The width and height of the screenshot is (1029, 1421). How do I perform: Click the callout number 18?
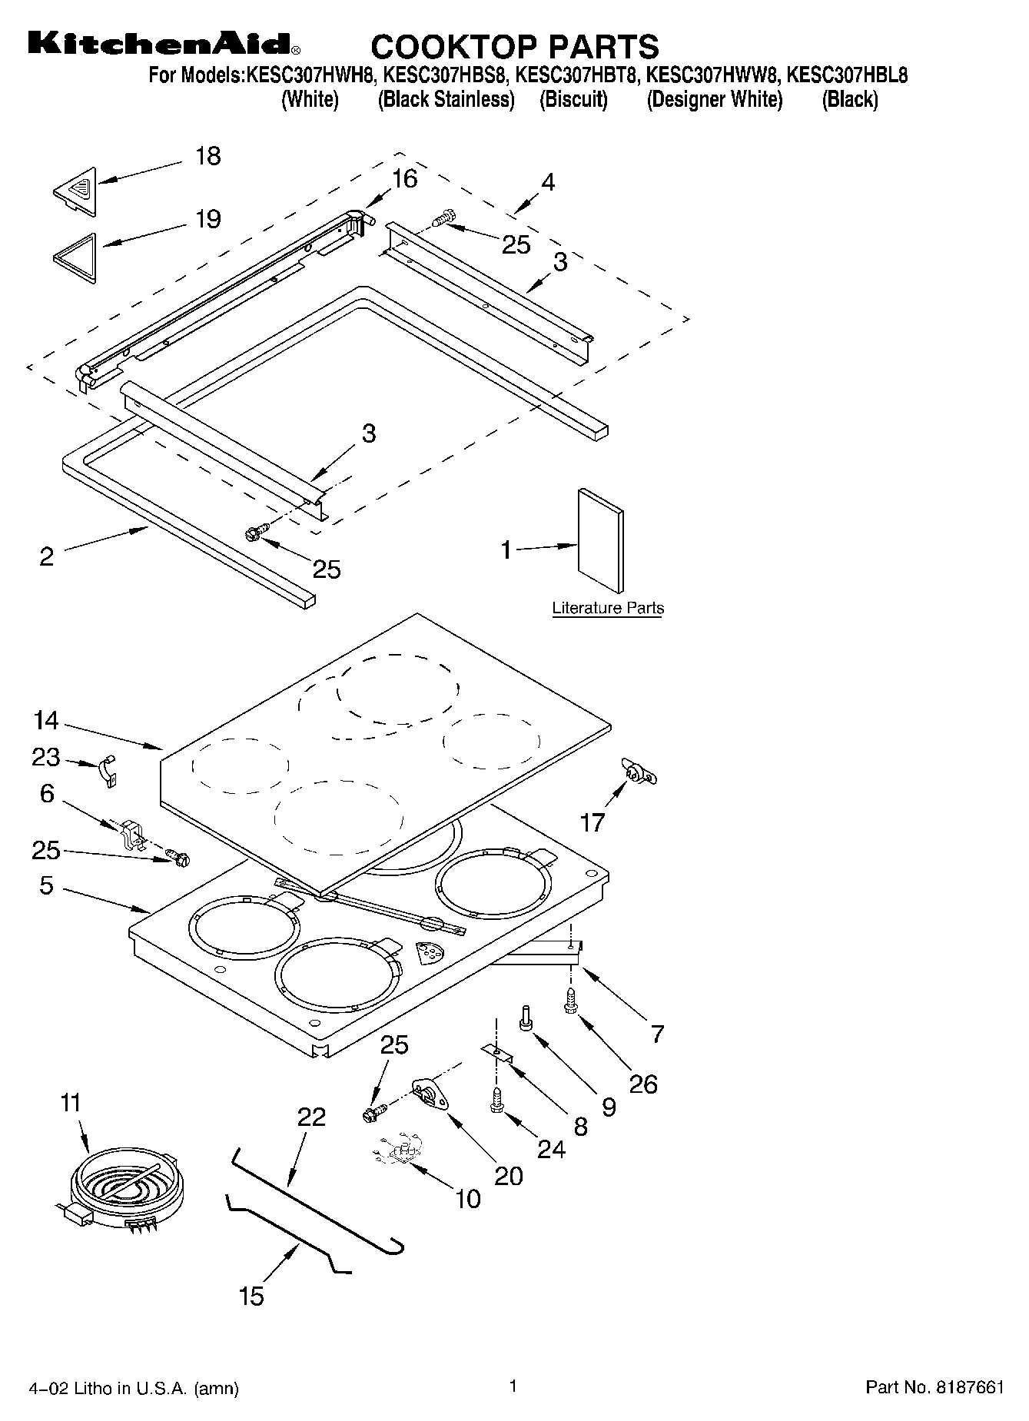[207, 156]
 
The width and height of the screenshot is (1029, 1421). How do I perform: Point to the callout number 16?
[404, 178]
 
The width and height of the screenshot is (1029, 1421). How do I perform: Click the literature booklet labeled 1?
[600, 540]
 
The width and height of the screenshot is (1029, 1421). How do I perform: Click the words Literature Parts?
[608, 609]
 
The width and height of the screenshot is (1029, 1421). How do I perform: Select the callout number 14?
[46, 720]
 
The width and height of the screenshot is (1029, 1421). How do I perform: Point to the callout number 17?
[593, 823]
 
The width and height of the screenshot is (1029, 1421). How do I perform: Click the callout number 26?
[643, 1084]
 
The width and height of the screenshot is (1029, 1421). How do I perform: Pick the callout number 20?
[508, 1175]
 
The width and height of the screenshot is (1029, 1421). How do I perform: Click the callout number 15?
[251, 1296]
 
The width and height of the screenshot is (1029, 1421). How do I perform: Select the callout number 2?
[46, 556]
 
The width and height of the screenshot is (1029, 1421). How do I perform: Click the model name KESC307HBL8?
[848, 75]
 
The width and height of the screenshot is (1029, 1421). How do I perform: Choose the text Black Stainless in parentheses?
[446, 99]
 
